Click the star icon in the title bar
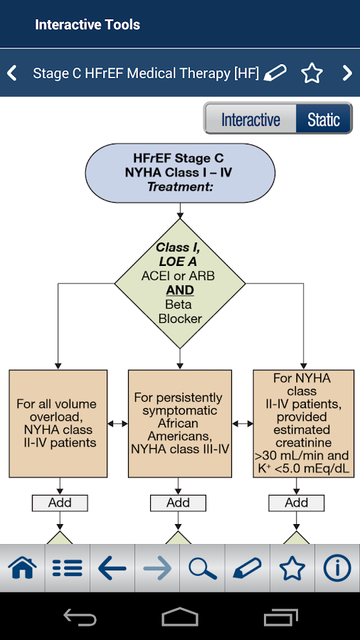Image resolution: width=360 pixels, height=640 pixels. pos(312,73)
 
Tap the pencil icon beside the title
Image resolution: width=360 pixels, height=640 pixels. pos(275,73)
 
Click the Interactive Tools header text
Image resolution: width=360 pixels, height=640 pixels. pos(88,24)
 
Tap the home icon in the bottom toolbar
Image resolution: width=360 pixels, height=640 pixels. pos(23,567)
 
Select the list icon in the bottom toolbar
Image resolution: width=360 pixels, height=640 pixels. pos(68,567)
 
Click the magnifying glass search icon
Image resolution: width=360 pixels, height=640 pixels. pos(203,567)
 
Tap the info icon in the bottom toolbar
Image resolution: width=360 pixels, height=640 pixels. pos(337,567)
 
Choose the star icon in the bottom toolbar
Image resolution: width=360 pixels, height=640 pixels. pos(292,567)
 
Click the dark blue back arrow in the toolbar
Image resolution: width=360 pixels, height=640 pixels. pos(112,567)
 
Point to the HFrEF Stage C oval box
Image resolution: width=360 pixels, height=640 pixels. pos(180,173)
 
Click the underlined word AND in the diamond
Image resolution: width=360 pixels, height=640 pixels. pos(180,290)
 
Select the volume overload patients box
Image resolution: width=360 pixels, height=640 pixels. pos(58,424)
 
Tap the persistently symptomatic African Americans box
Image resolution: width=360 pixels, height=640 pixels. pos(180,424)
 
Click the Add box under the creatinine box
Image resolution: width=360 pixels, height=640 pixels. pos(297,503)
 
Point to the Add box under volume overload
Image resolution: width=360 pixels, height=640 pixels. pos(60,503)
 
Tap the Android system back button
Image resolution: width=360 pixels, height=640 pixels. pos(80,617)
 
